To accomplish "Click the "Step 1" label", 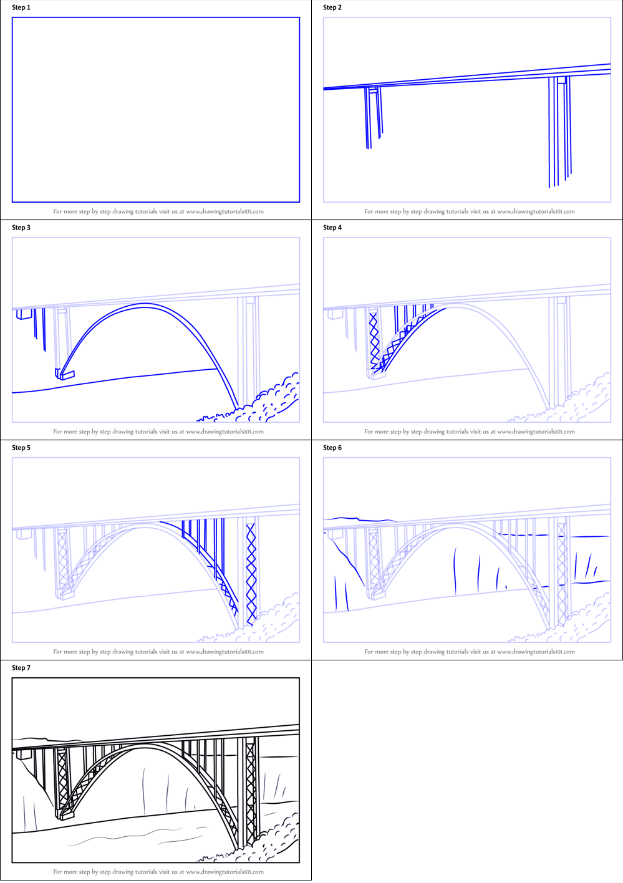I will pos(21,7).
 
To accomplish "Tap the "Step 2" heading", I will pos(332,7).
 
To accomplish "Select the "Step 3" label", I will pos(21,228).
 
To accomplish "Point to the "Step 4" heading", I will pos(332,228).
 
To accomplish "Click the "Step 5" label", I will pos(21,448).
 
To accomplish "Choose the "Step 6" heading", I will pos(332,448).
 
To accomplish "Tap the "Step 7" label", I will pos(21,668).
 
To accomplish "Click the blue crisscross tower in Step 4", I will pos(374,340).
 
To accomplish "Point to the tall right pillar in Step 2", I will pos(559,131).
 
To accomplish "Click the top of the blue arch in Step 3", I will pos(145,305).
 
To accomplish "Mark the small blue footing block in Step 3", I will pos(65,375).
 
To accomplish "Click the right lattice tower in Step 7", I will pos(251,792).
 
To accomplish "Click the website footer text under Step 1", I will pos(158,211).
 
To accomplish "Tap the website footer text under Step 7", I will pos(158,872).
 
